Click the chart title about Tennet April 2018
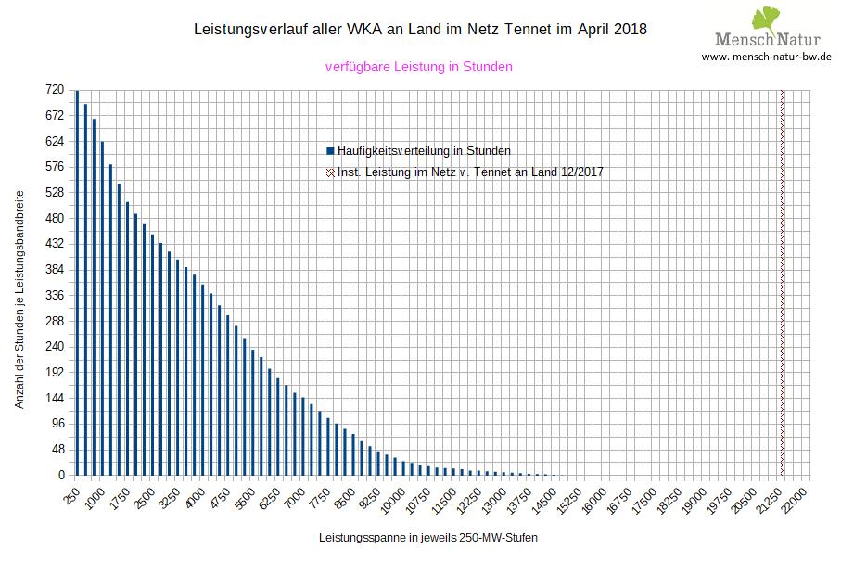coord(420,30)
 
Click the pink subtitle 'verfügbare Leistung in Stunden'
coord(419,67)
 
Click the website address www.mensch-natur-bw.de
coord(766,57)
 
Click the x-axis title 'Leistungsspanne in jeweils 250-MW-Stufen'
coord(427,538)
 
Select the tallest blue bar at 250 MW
coord(77,283)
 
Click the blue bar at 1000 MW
coord(102,308)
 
